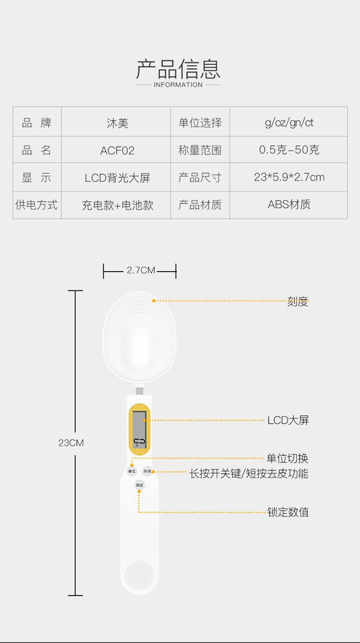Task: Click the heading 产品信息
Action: (x=178, y=69)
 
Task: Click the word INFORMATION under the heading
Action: (x=178, y=85)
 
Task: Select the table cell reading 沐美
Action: (x=117, y=123)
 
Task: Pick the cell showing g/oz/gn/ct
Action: (x=289, y=122)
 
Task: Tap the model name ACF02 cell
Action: (x=117, y=151)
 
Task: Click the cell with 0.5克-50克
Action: (x=289, y=150)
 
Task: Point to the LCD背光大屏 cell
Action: (x=117, y=178)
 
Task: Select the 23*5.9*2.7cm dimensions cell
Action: (x=289, y=177)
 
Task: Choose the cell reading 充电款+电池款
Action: (x=117, y=205)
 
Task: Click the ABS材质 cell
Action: (x=289, y=204)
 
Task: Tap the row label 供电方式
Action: (x=36, y=205)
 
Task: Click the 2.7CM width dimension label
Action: (x=141, y=271)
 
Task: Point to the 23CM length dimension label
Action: (x=71, y=443)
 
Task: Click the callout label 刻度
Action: (x=298, y=302)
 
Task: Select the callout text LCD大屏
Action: (x=288, y=420)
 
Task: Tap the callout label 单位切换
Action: (x=288, y=458)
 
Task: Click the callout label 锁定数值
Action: (x=288, y=512)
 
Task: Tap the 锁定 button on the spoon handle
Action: (x=139, y=485)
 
